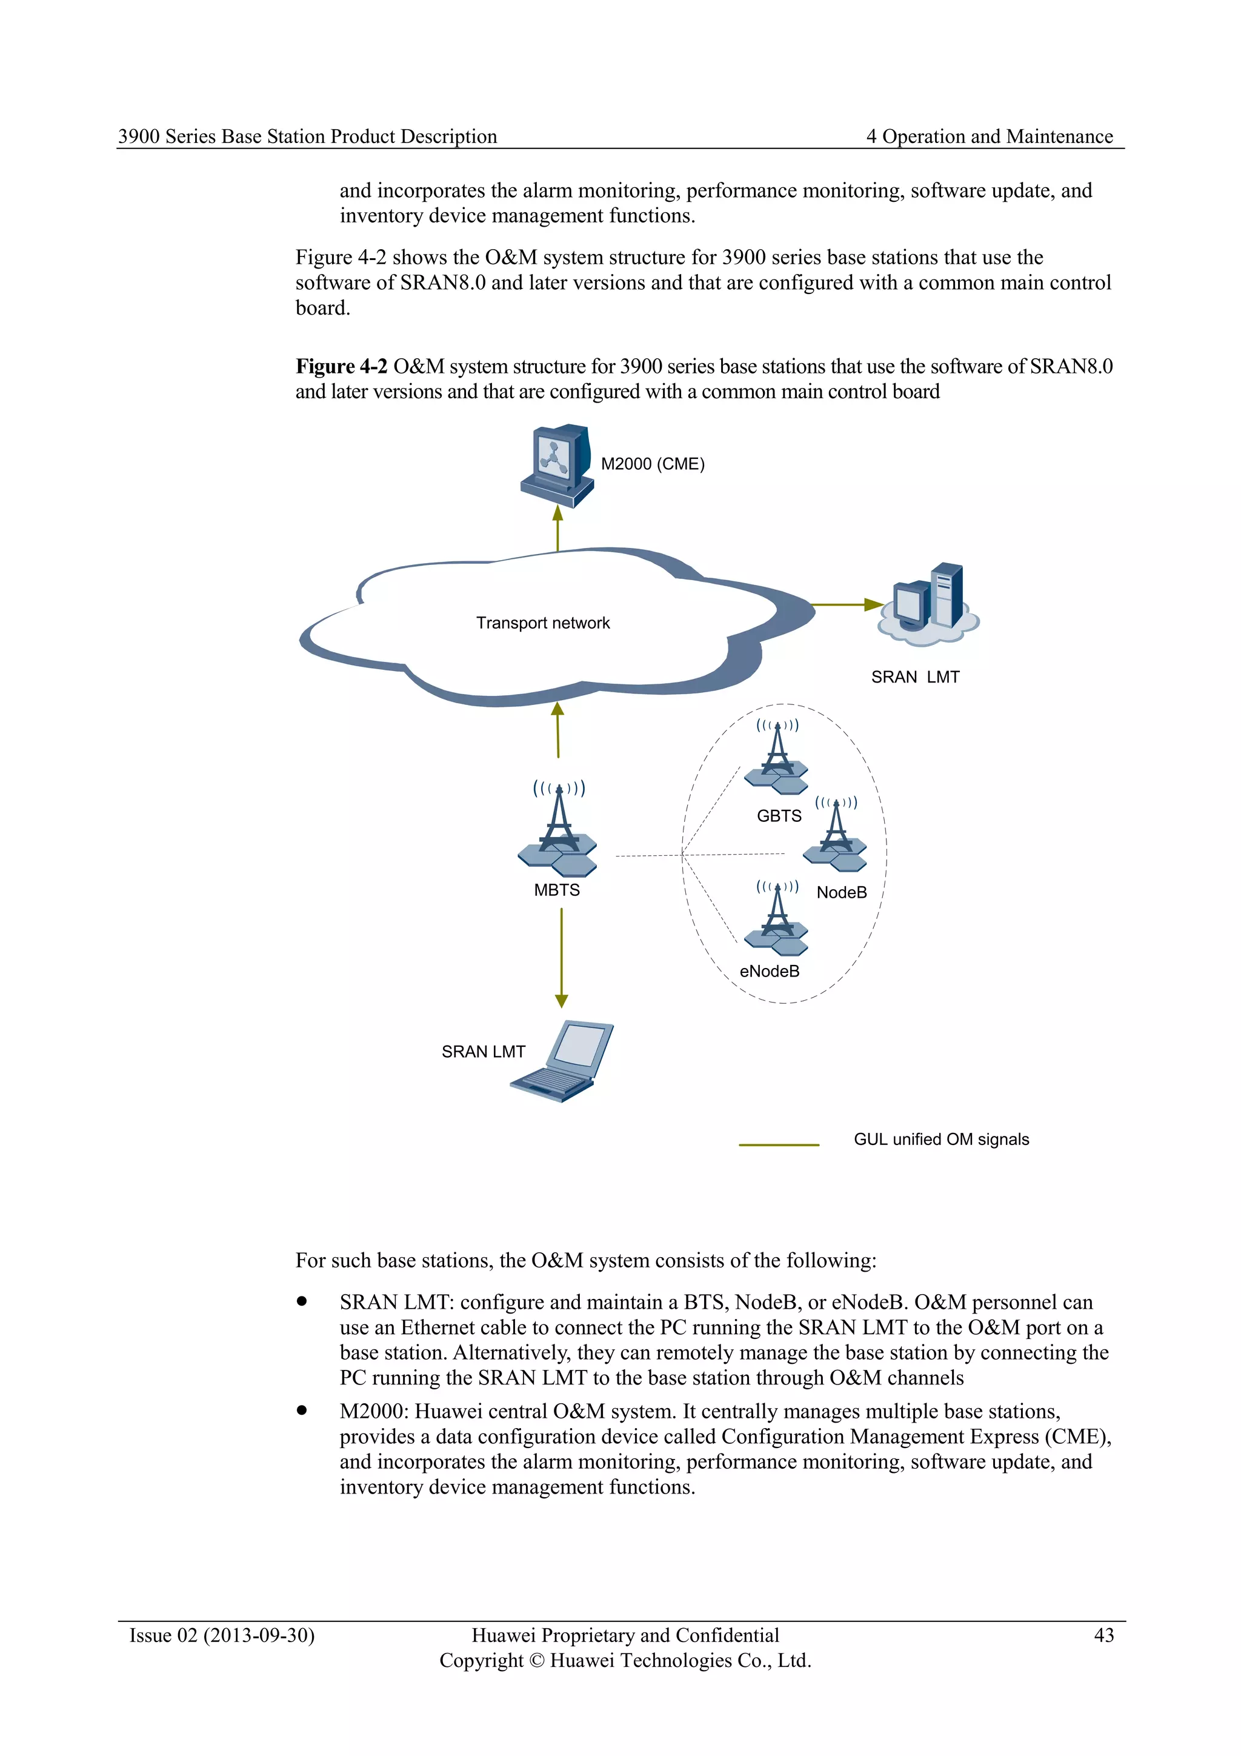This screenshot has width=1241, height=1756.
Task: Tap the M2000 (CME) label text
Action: (652, 464)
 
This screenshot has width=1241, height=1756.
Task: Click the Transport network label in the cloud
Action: (543, 623)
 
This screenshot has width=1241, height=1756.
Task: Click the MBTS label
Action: (557, 890)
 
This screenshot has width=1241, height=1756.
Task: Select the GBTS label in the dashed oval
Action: (779, 816)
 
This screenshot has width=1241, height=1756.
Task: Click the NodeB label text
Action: (841, 892)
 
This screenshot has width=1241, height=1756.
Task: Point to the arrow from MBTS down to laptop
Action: (561, 956)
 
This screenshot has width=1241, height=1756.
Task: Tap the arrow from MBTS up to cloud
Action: (557, 730)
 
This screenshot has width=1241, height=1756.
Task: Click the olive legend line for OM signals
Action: (779, 1145)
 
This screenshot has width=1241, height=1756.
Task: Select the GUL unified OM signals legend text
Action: (940, 1140)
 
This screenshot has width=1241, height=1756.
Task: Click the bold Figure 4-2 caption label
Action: (341, 366)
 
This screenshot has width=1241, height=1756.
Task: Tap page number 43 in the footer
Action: (1103, 1635)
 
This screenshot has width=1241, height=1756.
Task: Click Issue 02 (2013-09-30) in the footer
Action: (222, 1635)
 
